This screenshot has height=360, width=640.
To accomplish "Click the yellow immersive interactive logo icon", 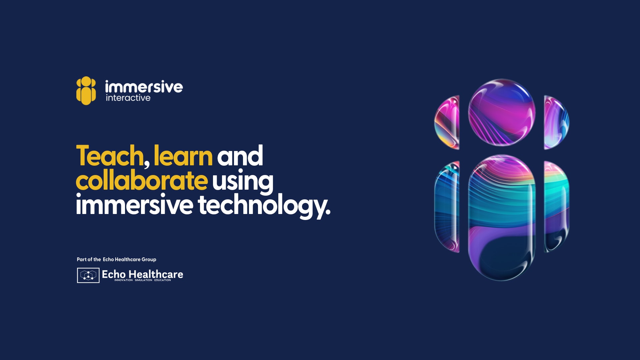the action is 86,91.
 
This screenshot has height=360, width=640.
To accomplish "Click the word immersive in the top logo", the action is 144,87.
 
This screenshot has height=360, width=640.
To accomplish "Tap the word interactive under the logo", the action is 128,98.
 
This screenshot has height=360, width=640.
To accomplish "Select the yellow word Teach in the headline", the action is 110,156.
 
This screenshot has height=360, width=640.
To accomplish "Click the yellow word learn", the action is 183,156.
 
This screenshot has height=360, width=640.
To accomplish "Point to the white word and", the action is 240,156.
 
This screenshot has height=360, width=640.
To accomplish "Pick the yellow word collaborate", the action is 142,180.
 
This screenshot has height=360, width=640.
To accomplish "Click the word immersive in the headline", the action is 135,204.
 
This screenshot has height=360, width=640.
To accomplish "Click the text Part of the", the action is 89,259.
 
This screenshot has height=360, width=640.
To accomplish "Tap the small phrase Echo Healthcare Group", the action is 129,259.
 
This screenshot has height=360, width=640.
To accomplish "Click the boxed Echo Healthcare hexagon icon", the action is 88,275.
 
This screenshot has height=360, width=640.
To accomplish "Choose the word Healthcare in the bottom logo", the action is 156,274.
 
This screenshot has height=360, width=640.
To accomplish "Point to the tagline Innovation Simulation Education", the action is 143,280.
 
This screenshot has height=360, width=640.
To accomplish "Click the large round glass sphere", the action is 502,112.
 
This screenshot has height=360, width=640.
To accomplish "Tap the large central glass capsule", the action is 502,218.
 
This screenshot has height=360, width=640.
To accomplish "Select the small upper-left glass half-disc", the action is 447,122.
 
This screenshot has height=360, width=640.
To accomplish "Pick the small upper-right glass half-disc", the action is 556,122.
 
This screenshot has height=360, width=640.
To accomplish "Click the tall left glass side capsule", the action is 447,207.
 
